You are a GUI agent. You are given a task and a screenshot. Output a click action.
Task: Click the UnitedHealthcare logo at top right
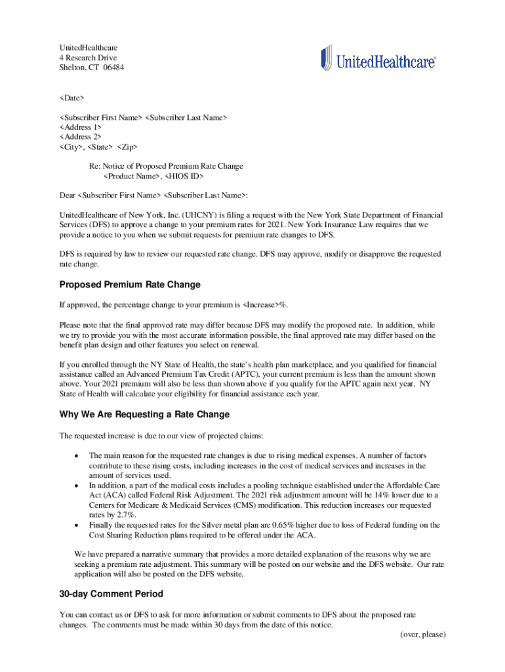click(x=378, y=60)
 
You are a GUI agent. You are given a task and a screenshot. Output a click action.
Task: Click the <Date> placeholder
click(x=72, y=98)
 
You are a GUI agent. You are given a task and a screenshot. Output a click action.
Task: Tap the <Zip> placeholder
click(x=128, y=147)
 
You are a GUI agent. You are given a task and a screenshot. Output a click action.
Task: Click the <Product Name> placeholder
click(x=132, y=177)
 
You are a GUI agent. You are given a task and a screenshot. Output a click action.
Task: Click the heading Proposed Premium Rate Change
click(x=130, y=285)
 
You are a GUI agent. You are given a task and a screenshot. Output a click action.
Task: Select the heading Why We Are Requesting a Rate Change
click(x=144, y=415)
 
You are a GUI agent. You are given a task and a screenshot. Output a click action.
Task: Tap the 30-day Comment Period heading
click(x=111, y=595)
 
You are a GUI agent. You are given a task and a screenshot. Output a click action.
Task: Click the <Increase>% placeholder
click(x=265, y=305)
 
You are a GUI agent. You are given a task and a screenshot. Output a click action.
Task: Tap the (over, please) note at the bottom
click(x=423, y=635)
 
